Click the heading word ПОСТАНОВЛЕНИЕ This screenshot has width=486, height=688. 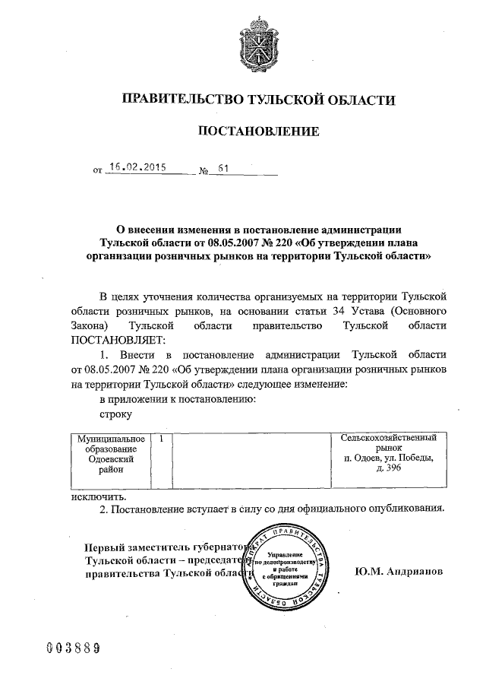click(x=258, y=132)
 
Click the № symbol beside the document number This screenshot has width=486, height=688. click(x=203, y=172)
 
